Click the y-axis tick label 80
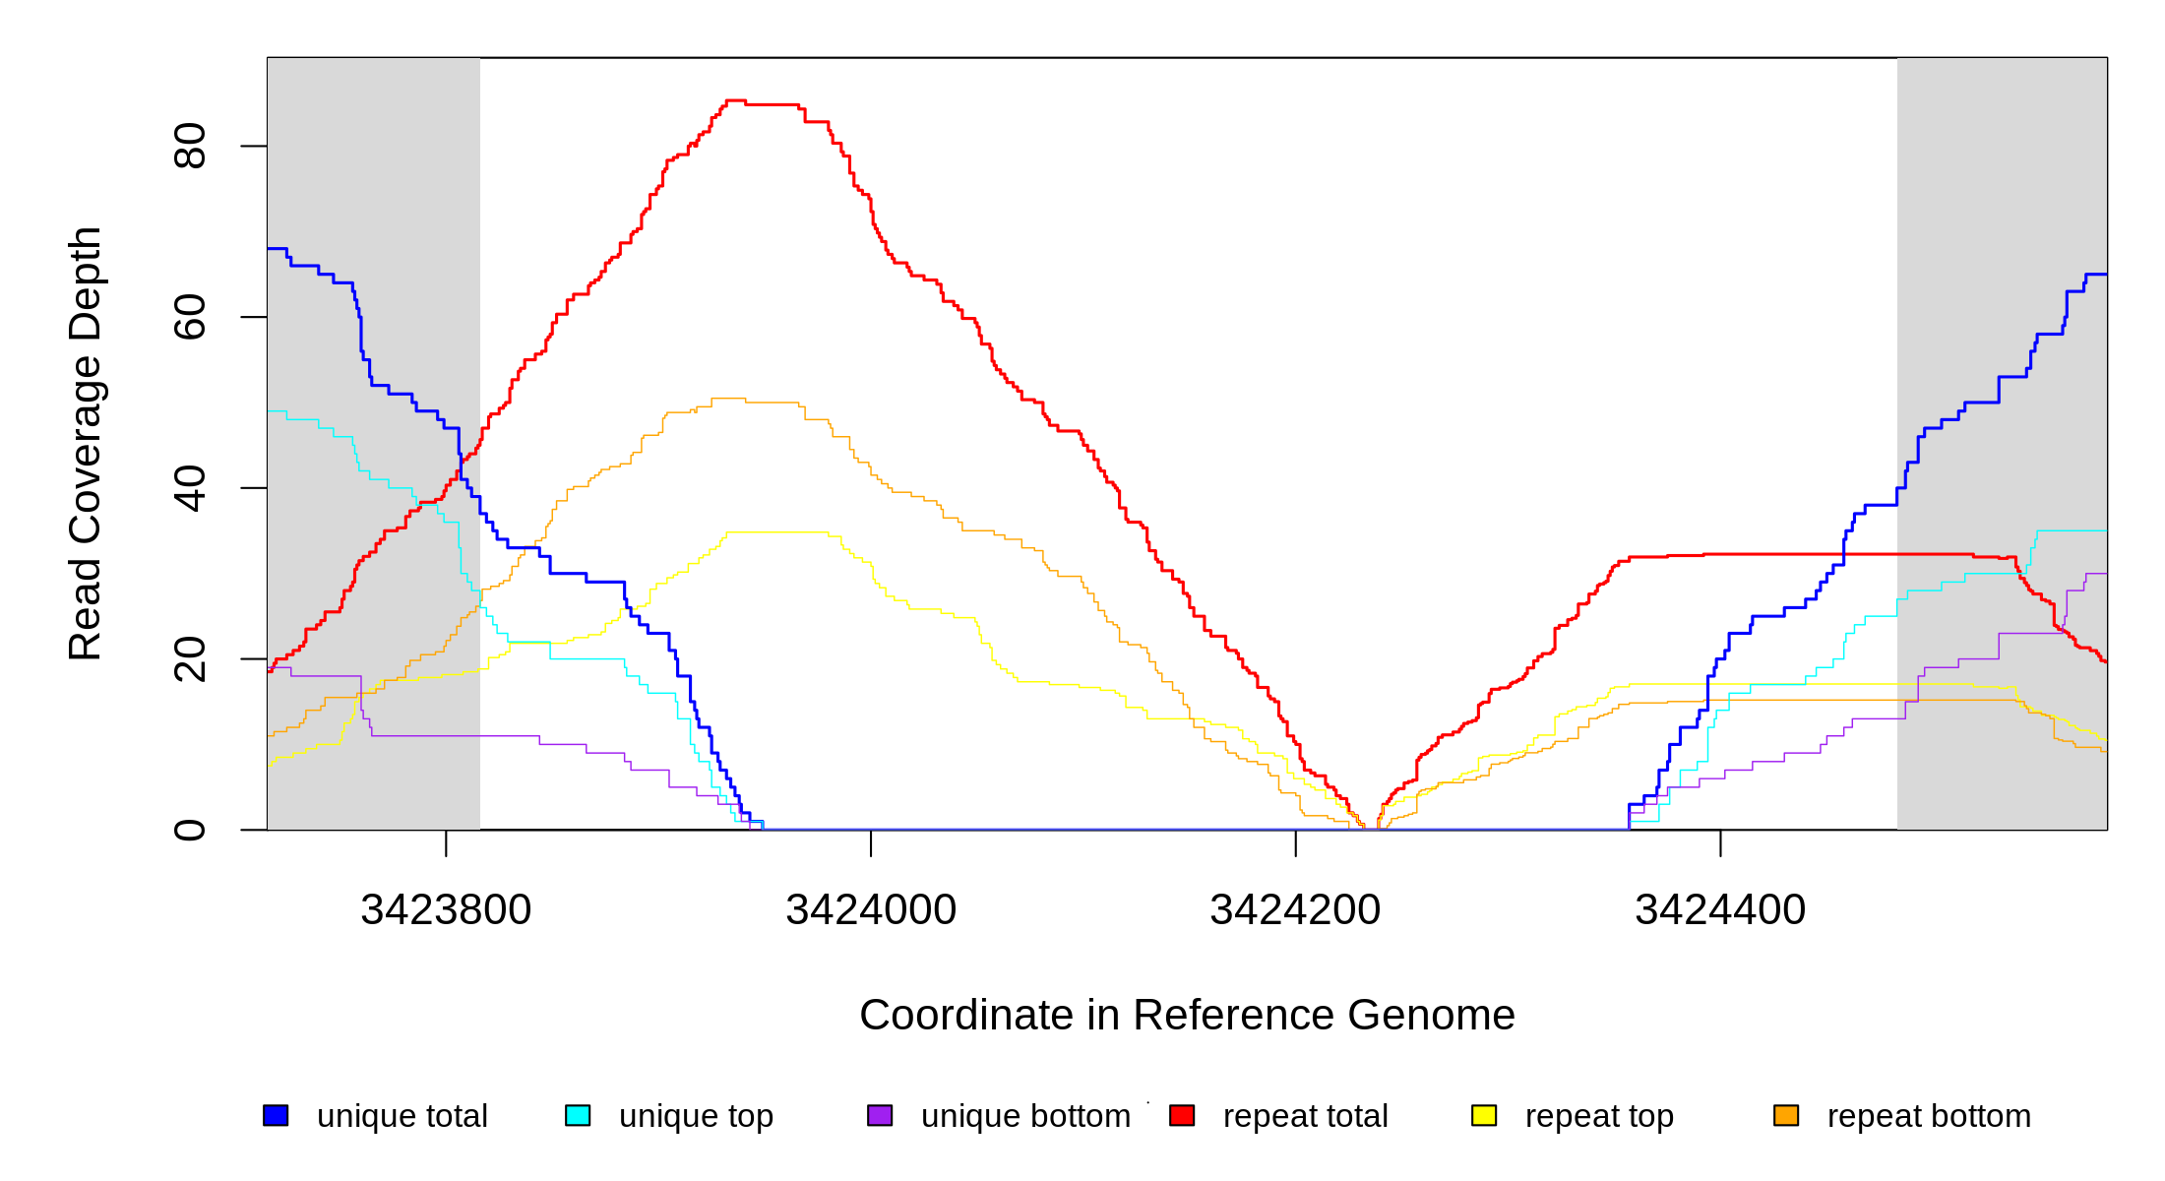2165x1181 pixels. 189,146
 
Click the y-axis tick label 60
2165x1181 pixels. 189,317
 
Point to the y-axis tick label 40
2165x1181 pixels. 189,488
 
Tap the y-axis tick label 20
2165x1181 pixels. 189,659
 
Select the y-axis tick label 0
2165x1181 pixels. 189,830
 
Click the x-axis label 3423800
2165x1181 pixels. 446,910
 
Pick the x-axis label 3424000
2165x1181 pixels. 871,910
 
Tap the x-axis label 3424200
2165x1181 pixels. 1295,910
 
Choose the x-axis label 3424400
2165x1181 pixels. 1720,910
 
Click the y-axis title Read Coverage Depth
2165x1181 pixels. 86,443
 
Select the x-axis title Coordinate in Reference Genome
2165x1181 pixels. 1187,1015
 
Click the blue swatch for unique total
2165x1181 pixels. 276,1115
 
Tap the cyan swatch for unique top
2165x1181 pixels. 578,1115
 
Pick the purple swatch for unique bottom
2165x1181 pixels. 880,1115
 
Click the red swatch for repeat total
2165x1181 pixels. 1182,1115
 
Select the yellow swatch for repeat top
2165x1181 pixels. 1484,1115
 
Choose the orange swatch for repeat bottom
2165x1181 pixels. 1786,1115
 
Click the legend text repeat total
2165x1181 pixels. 1305,1116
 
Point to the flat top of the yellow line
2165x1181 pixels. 777,532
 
